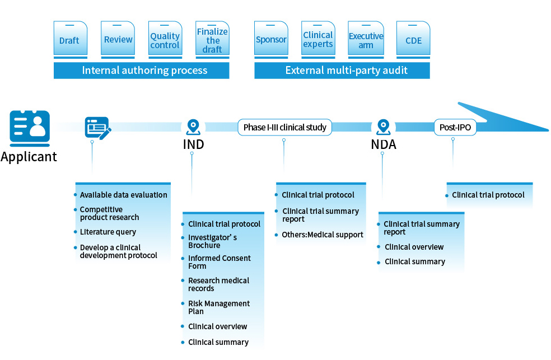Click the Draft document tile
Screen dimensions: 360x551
pos(70,40)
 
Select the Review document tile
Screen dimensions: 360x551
pos(118,40)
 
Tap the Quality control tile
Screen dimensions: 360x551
pos(165,40)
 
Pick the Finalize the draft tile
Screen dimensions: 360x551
pos(212,40)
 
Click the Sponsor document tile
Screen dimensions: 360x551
pos(271,40)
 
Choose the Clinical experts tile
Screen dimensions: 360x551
pos(317,40)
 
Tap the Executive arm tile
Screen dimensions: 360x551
pos(366,40)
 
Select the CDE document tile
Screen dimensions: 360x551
pos(413,40)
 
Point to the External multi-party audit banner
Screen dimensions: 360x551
pos(342,71)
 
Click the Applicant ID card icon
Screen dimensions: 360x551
pos(30,126)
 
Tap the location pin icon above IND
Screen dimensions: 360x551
pos(193,127)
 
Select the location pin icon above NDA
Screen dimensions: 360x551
pos(382,127)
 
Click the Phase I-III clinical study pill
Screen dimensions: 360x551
pos(284,127)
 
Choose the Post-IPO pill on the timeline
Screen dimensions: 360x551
pos(455,127)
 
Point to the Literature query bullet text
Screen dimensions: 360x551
pos(108,232)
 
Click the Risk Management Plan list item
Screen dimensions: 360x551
pos(218,307)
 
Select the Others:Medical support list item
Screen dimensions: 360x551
pos(323,235)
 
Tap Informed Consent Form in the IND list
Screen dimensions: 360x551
pos(219,262)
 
